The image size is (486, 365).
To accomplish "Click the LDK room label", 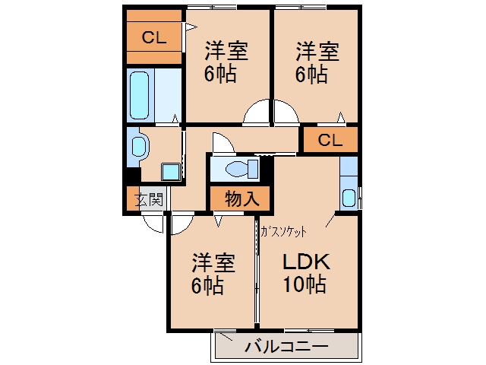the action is point(306,262).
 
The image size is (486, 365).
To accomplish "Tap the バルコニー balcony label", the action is point(286,347).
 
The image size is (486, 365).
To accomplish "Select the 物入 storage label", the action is point(242,198).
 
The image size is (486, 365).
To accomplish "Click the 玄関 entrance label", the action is point(149,199).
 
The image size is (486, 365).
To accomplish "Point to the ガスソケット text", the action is point(284,231).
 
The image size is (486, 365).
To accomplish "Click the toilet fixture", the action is point(242,169).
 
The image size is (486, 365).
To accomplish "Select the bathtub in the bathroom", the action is point(139,95).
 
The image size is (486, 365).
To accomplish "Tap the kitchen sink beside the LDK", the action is point(349,198).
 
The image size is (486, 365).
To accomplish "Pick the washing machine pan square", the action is point(170,172).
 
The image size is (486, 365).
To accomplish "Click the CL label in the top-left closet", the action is point(154,37).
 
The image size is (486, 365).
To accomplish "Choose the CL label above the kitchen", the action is point(330,140).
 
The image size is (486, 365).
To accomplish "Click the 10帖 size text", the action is point(304,284).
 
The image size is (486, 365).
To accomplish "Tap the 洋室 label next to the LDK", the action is point(213,262).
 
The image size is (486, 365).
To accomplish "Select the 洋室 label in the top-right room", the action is point(317,52).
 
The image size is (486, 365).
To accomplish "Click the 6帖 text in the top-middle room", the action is point(220,74).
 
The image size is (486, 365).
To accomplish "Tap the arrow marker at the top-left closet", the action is point(191,27).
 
